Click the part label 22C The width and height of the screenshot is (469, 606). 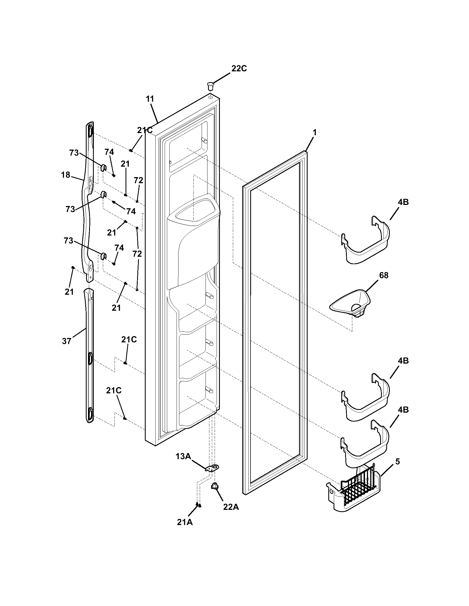239,69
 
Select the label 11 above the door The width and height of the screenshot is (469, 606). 150,99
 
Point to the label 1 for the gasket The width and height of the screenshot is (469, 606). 314,133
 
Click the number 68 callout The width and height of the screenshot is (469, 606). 384,275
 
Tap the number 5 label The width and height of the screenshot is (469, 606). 398,462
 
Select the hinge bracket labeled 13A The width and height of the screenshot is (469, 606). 212,468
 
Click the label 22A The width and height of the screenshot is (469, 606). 231,507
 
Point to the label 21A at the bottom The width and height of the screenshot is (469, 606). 185,522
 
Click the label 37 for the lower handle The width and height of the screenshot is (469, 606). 67,341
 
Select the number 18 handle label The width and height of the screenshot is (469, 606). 66,175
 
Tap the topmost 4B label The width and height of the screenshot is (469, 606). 403,202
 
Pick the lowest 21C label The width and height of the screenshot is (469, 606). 114,391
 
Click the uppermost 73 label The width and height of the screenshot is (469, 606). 74,153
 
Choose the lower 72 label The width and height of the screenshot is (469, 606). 137,254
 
